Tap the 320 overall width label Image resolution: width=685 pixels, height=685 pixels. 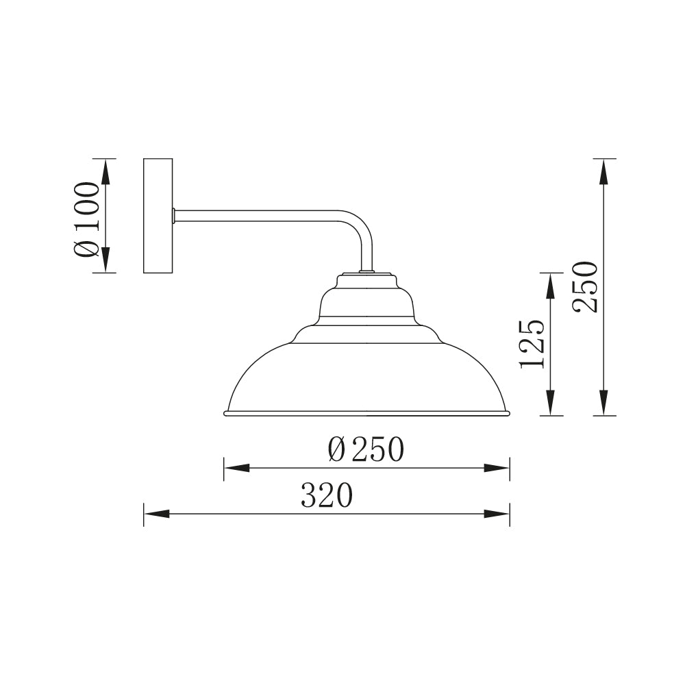pos(327,496)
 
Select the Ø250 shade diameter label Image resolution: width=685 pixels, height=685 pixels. pos(366,450)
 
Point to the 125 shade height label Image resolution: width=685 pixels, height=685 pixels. pos(533,344)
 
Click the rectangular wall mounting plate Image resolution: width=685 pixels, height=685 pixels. pos(158,216)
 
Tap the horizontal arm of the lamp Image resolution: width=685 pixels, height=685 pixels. pos(260,216)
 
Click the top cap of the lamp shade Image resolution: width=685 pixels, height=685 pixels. pos(366,279)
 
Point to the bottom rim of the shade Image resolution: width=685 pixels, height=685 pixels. pos(366,414)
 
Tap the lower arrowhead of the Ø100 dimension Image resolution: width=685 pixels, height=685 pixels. pos(105,259)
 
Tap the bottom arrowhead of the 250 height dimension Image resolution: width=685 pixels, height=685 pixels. pos(603,402)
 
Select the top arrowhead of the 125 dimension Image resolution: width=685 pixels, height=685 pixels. pos(550,286)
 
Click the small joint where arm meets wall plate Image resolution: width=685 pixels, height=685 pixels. pos(174,216)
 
